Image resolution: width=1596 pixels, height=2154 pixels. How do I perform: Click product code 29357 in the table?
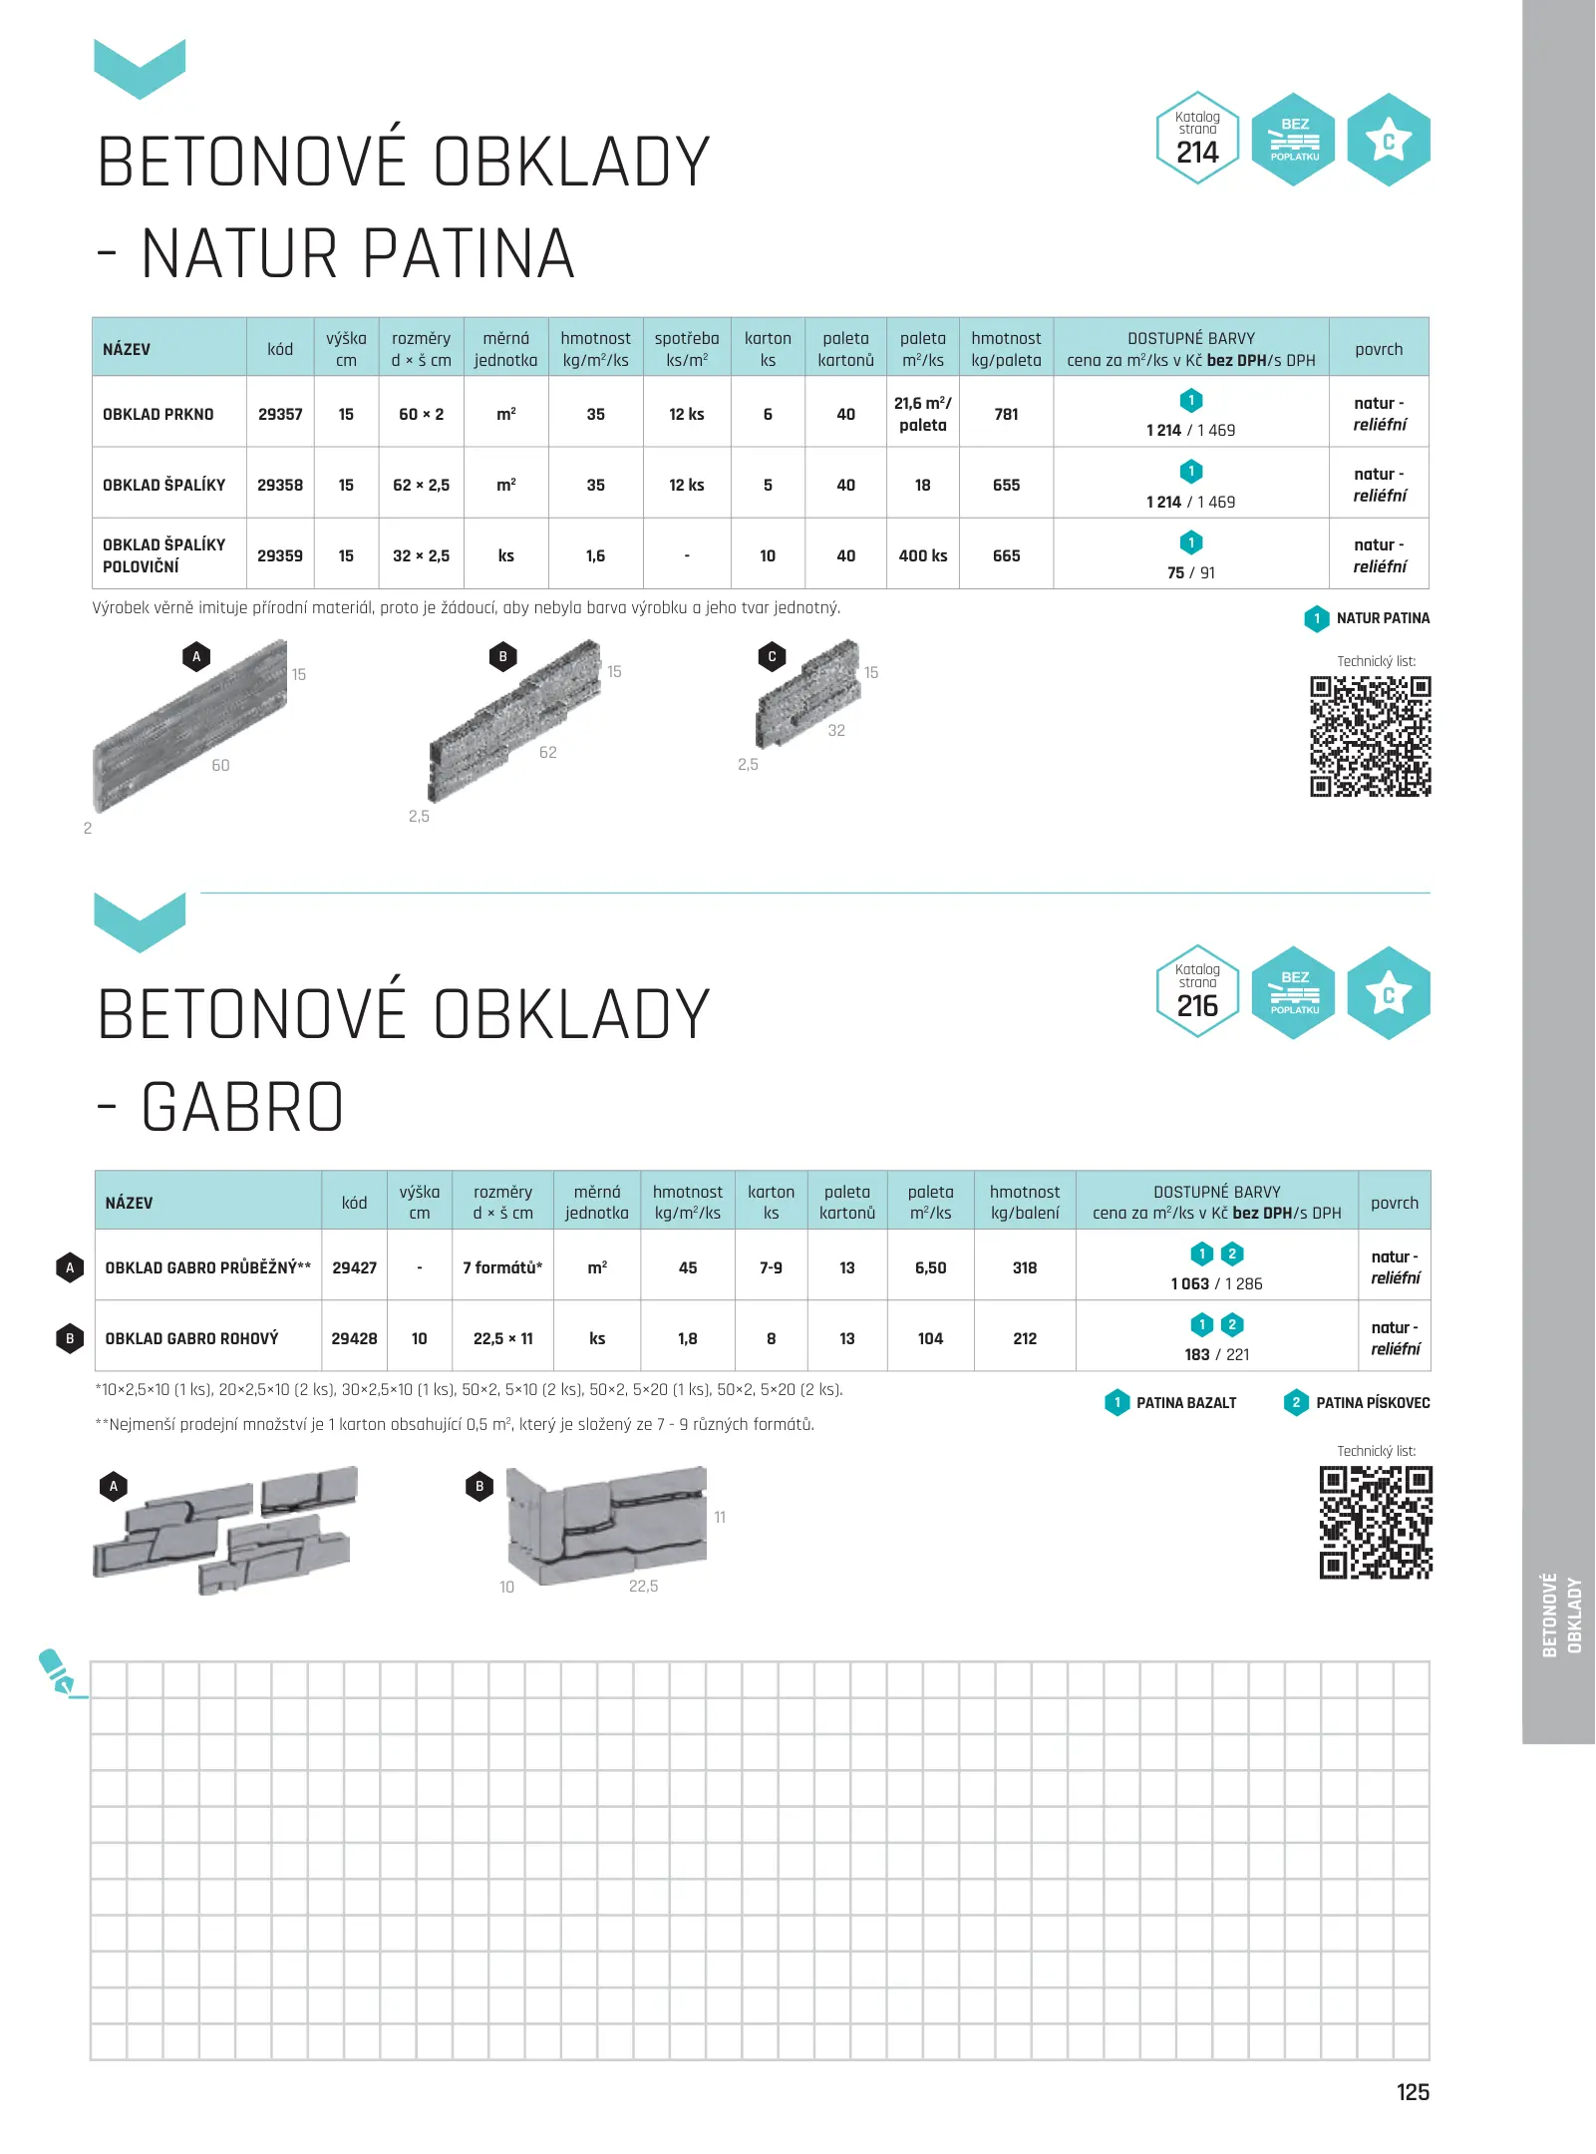pos(280,414)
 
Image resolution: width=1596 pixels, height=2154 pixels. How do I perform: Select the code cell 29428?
pos(354,1338)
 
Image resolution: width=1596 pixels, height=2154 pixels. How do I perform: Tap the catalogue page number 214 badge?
pos(1197,139)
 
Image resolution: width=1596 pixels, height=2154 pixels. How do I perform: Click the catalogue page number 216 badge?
pos(1197,992)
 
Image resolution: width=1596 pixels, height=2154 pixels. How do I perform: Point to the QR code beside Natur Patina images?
pos(1370,736)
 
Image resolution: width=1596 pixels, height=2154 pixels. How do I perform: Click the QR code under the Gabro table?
pos(1376,1522)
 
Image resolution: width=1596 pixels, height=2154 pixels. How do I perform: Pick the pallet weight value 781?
pos(1006,414)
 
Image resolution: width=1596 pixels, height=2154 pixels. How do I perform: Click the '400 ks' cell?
pos(923,555)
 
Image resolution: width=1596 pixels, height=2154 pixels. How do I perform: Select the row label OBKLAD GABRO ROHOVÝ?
pos(191,1338)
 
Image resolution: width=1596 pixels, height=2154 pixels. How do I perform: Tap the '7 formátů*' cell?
pos(502,1267)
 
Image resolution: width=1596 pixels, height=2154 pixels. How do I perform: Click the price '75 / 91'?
pos(1191,572)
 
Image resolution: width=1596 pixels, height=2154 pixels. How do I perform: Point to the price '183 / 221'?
pos(1216,1354)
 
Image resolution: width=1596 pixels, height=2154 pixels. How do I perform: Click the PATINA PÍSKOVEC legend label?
pos(1372,1403)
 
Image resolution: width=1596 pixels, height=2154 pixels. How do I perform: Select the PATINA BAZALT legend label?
pos(1185,1403)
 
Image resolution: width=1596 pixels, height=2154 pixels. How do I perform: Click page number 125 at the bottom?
pos(1413,2092)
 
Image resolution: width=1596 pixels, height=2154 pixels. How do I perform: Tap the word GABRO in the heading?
pos(242,1108)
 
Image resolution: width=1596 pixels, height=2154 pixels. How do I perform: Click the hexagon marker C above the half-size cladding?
pos(772,656)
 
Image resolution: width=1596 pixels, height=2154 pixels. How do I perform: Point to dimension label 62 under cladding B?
pos(547,752)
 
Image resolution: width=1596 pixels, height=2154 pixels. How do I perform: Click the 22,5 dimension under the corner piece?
pos(643,1586)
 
